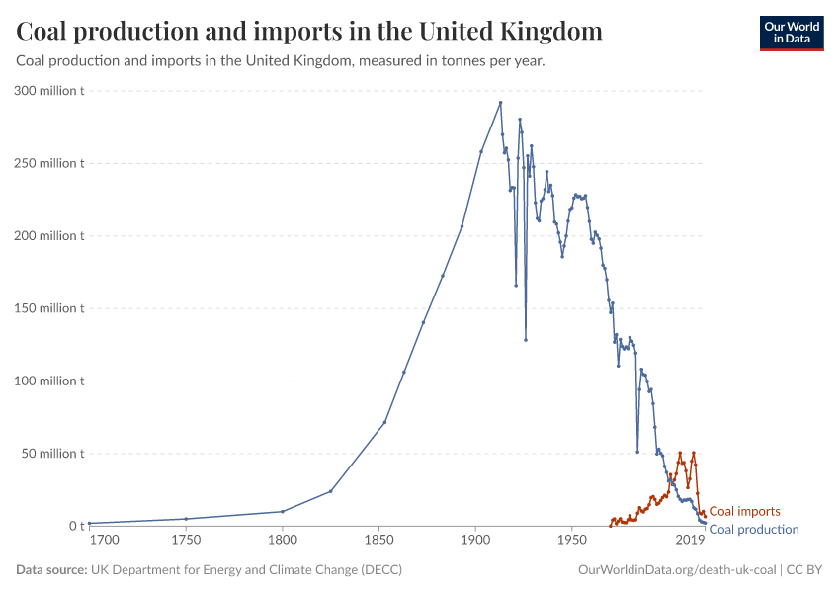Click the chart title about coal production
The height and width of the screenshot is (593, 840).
tap(309, 31)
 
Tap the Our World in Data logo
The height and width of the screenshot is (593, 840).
tap(791, 32)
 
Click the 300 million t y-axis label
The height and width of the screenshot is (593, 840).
tap(50, 91)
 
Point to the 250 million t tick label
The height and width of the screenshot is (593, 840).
tap(50, 163)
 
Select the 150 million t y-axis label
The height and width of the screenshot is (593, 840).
tap(50, 308)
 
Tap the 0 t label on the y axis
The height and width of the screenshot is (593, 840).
tap(76, 526)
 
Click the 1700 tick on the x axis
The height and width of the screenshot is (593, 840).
tap(105, 542)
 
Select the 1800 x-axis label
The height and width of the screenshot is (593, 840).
tap(283, 542)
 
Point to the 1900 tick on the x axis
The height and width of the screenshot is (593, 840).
tap(476, 542)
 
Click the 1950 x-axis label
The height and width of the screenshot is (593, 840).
tap(572, 542)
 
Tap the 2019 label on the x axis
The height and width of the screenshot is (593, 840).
tap(689, 542)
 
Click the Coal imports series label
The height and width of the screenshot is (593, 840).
tap(745, 512)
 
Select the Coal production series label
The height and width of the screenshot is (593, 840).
tap(754, 530)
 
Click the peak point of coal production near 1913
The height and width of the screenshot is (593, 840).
tap(500, 103)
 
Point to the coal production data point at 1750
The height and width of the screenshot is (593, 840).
tap(186, 519)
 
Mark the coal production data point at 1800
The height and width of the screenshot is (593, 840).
tap(283, 511)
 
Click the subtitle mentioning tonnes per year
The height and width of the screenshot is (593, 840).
tap(281, 60)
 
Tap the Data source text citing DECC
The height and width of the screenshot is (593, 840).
tap(209, 570)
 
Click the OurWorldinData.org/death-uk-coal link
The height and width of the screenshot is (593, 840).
tap(676, 570)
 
